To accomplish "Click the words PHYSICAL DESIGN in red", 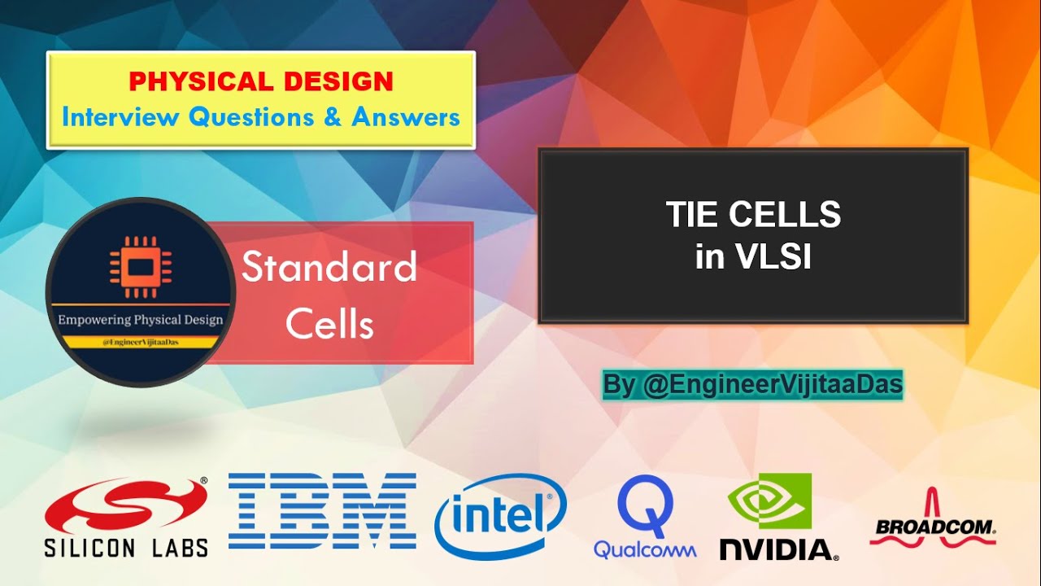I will pos(260,81).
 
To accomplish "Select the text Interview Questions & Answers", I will pos(260,117).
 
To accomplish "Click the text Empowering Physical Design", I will pos(140,320).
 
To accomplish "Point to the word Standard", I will pos(329,268).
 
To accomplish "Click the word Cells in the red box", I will pos(329,324).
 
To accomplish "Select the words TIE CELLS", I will pos(753,215).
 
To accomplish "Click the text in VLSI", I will pos(753,257).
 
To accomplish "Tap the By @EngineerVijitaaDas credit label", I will pos(752,385).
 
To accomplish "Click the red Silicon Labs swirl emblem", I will pos(124,505).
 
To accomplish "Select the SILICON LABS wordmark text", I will pos(126,547).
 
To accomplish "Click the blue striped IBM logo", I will pos(322,511).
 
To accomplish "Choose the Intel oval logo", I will pos(500,515).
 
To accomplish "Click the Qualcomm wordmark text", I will pos(645,550).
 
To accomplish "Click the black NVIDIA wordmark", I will pos(777,549).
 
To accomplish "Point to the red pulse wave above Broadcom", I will pos(934,503).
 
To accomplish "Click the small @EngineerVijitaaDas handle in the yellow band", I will pos(140,342).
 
